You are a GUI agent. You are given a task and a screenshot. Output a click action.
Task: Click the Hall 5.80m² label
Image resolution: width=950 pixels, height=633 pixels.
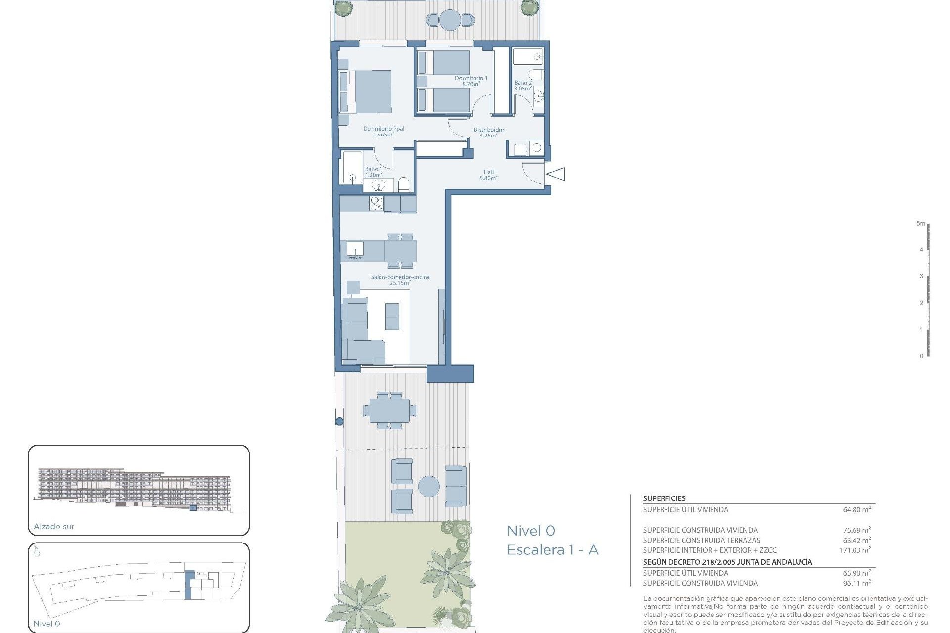(488, 175)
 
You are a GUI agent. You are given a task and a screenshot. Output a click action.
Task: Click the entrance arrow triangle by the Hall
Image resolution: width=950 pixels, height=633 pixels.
(556, 174)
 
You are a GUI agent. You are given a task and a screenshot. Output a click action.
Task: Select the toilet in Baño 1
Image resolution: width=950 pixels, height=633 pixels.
(404, 185)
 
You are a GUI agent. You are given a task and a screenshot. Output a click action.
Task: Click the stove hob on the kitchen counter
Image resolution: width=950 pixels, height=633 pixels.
(377, 203)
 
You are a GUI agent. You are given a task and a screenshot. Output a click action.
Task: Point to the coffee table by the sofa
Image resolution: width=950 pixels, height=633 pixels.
(392, 316)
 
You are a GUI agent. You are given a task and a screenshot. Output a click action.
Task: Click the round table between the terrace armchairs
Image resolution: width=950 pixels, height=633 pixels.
(428, 486)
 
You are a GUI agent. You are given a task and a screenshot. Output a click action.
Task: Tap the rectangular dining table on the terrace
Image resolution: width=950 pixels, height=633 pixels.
(389, 410)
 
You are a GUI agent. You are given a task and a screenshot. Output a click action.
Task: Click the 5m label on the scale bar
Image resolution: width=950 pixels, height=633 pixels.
(920, 224)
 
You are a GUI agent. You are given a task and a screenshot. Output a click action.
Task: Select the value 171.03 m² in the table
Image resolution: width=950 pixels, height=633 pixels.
(856, 550)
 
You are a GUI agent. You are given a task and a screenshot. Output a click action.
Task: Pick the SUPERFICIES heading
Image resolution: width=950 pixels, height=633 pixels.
(664, 498)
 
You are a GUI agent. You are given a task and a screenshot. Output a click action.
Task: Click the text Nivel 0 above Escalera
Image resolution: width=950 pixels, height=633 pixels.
(531, 531)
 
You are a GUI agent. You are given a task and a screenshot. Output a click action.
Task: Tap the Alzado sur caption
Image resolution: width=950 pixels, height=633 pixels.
(54, 526)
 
